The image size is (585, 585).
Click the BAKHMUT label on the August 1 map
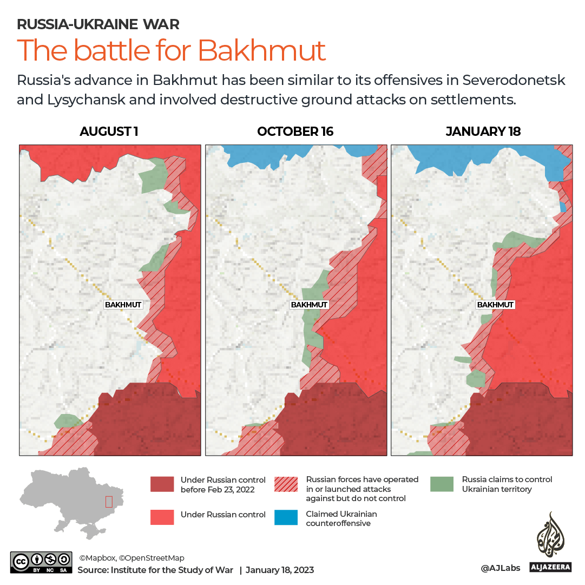[x=123, y=305]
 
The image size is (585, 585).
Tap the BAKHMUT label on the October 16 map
[x=309, y=305]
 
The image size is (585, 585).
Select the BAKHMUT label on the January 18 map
[x=495, y=305]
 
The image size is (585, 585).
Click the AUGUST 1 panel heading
[x=109, y=132]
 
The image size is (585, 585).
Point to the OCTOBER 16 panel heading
[x=295, y=132]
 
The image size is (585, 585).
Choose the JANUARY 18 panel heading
[x=483, y=132]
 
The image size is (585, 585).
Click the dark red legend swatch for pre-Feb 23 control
[x=162, y=484]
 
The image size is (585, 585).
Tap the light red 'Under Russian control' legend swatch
[x=162, y=517]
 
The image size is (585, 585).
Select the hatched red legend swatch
[x=286, y=484]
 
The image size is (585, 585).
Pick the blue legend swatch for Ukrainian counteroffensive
[x=286, y=517]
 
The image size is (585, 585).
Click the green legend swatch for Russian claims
[x=442, y=484]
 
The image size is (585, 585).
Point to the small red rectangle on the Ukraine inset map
[x=109, y=502]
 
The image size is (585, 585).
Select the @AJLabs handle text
[x=501, y=568]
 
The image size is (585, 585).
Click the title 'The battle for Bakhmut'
[x=171, y=50]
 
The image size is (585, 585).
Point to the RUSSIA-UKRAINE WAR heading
[x=98, y=24]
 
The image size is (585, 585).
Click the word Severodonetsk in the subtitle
[x=514, y=80]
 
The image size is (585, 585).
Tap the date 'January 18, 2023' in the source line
[x=280, y=570]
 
